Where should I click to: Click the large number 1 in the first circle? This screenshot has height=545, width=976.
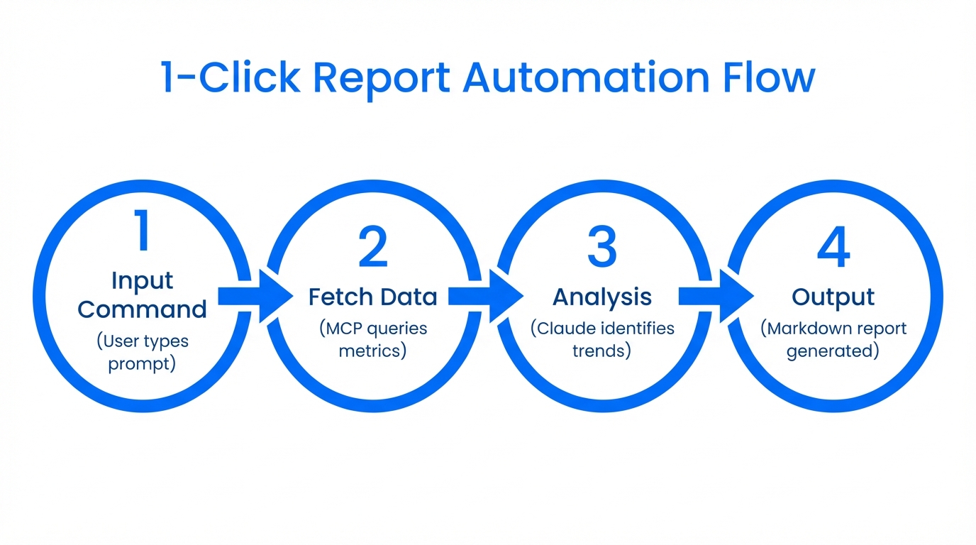point(143,231)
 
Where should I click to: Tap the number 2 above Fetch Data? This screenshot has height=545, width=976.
point(372,248)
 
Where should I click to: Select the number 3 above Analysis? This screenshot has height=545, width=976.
point(602,248)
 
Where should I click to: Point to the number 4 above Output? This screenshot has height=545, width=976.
point(833,248)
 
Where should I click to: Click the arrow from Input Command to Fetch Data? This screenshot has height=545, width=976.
point(255,297)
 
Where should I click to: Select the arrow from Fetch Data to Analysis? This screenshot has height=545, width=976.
point(486,297)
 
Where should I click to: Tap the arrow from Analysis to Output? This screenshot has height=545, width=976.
point(716,297)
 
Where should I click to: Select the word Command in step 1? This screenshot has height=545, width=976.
point(142,310)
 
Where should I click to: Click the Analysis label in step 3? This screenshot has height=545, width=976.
point(601,297)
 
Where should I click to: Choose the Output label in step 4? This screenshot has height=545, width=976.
point(833,298)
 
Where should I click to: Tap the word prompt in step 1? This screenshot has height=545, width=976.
point(142,364)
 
